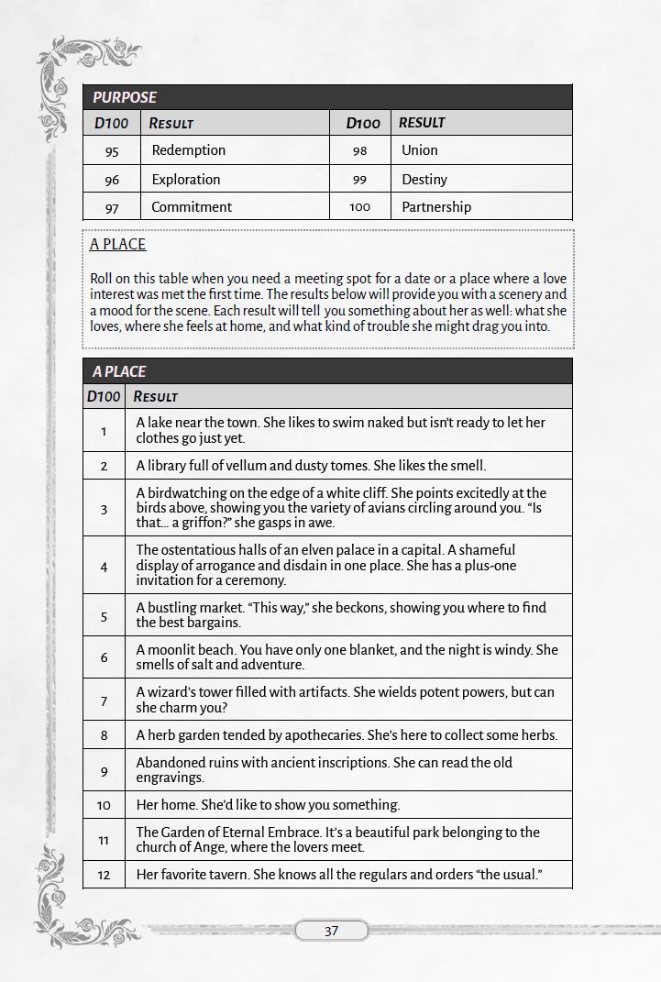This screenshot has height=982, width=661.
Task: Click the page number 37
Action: coord(331,931)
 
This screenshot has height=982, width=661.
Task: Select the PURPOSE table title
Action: coord(125,97)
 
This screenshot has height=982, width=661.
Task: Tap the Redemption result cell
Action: coord(188,150)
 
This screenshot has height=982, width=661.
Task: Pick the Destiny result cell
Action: coord(424,179)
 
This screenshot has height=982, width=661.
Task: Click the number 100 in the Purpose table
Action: coord(359,207)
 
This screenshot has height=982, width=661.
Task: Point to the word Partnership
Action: coord(435,207)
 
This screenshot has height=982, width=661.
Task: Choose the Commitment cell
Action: coord(192,207)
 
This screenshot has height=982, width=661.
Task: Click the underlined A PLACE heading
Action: coord(118,244)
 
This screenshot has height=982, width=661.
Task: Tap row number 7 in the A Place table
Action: coord(104,701)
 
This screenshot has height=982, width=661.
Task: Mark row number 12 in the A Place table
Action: coord(104,875)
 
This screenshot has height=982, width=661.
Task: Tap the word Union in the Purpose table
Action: coord(419,150)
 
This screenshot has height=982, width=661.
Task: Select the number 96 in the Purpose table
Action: coord(112,180)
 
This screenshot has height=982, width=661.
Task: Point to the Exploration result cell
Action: coord(185,180)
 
